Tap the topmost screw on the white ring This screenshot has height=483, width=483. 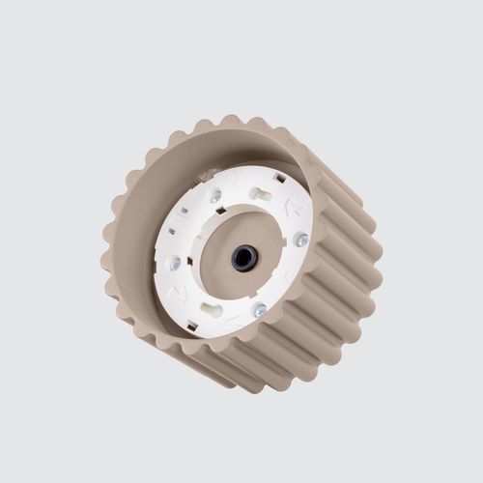215,196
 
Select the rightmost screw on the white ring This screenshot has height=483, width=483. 302,240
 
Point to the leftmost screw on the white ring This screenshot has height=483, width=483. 175,263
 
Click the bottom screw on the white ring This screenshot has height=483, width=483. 260,310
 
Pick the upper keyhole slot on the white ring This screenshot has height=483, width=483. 261,193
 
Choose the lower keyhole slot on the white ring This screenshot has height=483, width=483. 211,311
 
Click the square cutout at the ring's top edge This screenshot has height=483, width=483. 279,178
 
